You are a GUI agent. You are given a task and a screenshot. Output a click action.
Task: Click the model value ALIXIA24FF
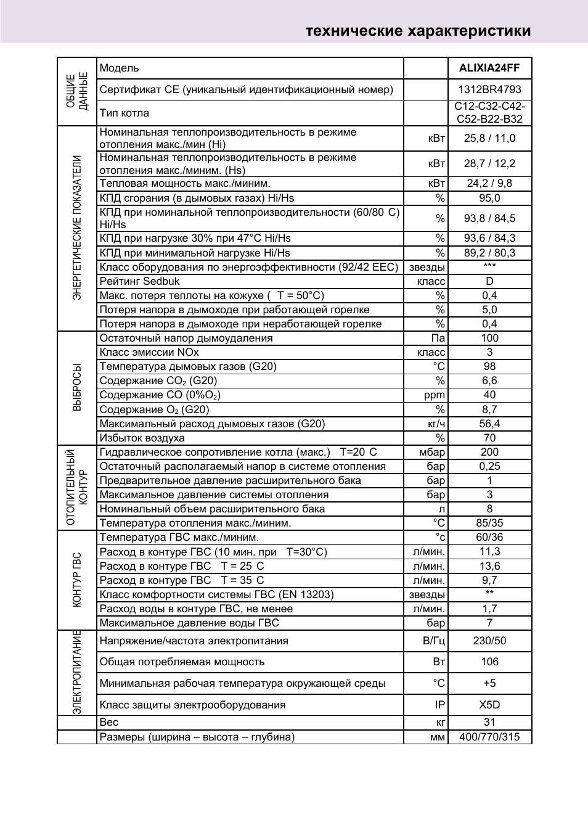tap(489, 68)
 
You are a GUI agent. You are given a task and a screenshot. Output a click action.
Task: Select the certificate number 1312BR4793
tap(489, 89)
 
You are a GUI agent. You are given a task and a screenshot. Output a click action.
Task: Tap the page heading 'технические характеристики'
tap(418, 31)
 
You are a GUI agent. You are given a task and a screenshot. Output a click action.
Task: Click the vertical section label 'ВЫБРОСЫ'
tap(77, 387)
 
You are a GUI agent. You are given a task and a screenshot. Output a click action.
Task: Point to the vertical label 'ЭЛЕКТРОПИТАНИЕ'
tap(77, 671)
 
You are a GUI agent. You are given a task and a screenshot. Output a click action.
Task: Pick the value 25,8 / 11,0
tap(489, 138)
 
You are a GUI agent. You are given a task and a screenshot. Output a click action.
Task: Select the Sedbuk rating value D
tap(489, 281)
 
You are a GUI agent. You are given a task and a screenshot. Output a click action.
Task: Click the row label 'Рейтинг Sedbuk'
tap(140, 281)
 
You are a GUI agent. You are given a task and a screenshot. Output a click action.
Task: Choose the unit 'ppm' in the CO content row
tap(434, 395)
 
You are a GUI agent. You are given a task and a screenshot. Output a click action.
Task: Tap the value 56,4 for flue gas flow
tap(489, 424)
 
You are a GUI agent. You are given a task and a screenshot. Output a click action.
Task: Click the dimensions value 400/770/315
tap(489, 737)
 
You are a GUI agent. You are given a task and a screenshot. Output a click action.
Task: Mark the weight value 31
tap(489, 722)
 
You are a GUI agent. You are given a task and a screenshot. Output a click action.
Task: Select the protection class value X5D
tap(489, 705)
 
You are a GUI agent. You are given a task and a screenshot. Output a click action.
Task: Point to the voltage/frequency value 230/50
tap(489, 641)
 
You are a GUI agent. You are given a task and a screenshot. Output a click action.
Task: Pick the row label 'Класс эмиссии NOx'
tap(149, 352)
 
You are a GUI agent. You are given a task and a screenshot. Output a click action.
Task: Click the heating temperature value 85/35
tap(489, 523)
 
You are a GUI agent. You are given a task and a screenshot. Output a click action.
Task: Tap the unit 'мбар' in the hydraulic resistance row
tap(431, 452)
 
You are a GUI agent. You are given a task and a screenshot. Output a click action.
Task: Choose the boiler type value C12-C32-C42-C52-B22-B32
tap(489, 113)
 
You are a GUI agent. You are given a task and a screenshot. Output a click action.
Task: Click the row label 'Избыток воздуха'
tap(142, 438)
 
